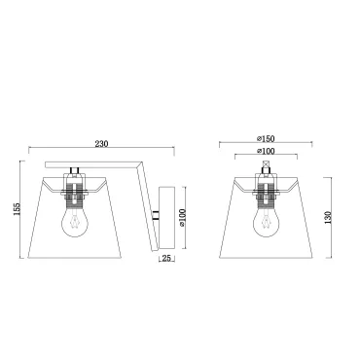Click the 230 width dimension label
101,143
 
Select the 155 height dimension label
18,209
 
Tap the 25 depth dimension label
166,258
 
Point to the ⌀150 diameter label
266,139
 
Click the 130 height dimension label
329,218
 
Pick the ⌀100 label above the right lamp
266,151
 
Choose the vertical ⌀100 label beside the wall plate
182,218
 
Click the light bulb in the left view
75,221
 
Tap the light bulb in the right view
267,221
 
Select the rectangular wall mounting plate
166,218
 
